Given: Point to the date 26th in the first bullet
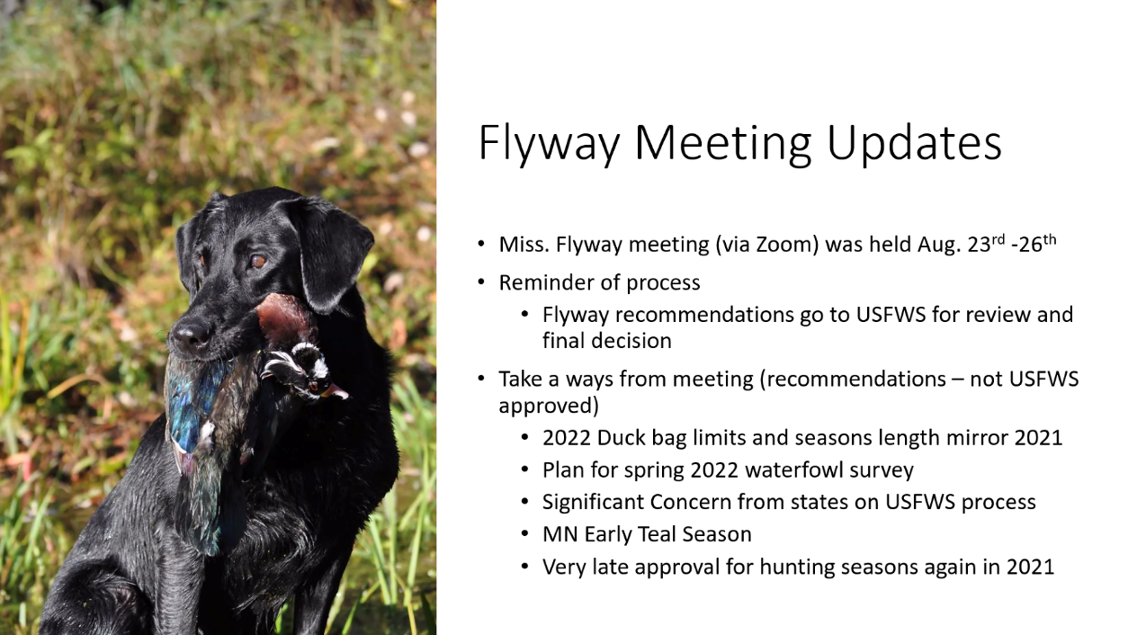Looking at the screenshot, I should [x=1036, y=244].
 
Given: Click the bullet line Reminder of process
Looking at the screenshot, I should [x=599, y=282].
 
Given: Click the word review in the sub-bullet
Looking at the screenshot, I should [x=990, y=315].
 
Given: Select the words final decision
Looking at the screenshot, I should [x=606, y=341].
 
